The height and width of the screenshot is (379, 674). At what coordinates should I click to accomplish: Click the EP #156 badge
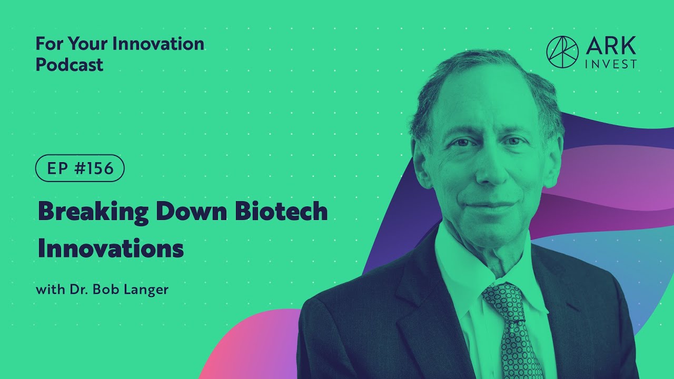(80, 168)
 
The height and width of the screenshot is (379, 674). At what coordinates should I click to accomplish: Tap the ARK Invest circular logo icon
(562, 52)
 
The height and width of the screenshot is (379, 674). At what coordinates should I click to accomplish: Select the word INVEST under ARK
(611, 64)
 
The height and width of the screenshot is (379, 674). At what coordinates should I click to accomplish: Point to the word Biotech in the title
(281, 211)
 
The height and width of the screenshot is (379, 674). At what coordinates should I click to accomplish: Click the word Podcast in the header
(70, 65)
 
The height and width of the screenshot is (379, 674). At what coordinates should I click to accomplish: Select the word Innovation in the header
(159, 44)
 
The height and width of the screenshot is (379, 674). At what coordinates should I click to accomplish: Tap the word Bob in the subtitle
(105, 290)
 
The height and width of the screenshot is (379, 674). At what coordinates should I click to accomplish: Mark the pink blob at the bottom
(253, 347)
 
